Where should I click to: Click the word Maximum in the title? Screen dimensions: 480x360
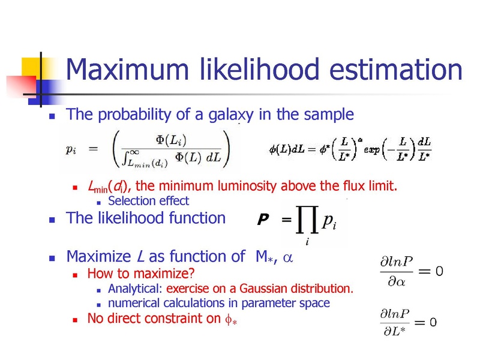pos(127,69)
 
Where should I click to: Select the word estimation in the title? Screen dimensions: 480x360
pos(396,69)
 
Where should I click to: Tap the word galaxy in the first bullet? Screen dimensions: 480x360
pos(231,115)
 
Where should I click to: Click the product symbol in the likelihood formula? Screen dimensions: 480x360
pos(307,219)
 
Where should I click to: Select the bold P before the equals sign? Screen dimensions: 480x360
pos(263,219)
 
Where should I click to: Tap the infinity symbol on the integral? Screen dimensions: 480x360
pos(134,152)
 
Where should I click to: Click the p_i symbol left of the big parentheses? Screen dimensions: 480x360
pos(71,149)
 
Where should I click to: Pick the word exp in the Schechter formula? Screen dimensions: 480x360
pos(371,150)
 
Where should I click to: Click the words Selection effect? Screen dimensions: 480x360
pos(148,201)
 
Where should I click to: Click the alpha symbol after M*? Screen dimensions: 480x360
pos(288,258)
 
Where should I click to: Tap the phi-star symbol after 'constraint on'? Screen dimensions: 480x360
pos(231,320)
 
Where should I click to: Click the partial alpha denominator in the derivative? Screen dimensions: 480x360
pos(397,281)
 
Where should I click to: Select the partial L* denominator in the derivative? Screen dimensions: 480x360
pos(395,331)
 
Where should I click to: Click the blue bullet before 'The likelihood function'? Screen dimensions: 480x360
pos(52,220)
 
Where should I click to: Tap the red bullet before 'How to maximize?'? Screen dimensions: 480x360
pos(75,275)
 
